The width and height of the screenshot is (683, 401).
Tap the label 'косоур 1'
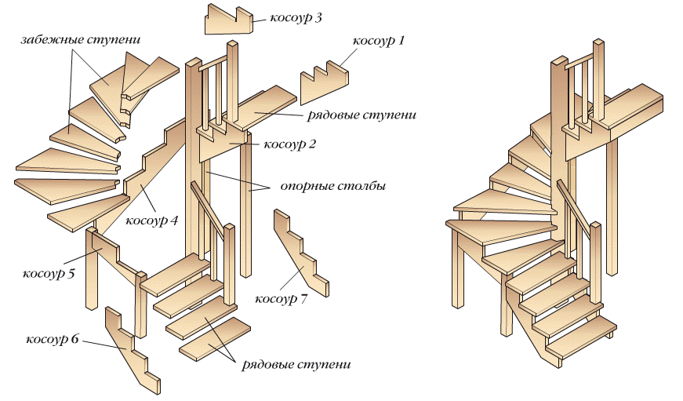coord(379,40)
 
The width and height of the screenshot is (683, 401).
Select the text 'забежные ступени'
coord(70,38)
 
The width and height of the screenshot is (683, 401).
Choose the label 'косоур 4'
coord(153,221)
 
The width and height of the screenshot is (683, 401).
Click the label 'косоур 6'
coord(53,339)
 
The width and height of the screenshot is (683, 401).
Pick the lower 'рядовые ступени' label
coord(296,365)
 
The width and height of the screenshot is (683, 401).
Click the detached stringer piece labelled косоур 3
coord(228,20)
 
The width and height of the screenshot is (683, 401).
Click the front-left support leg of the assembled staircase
coord(456,267)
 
